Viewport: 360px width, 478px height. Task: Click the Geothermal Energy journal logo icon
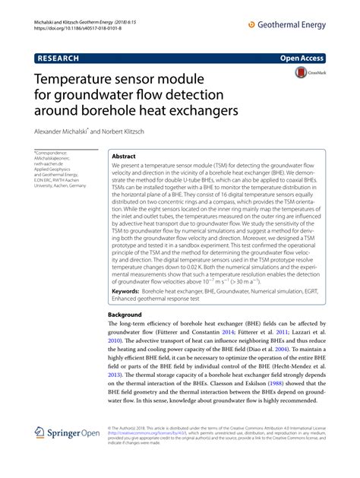[x=252, y=25]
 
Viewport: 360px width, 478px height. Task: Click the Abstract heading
[x=124, y=154]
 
